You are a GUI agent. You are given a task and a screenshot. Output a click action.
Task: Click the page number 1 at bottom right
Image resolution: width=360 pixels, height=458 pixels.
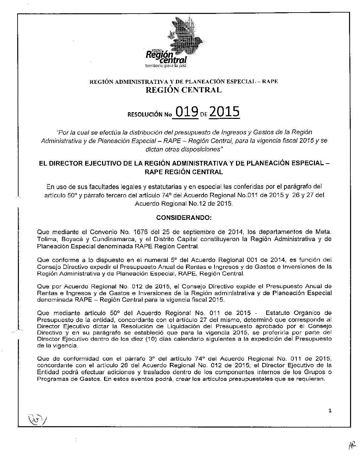(330, 411)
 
